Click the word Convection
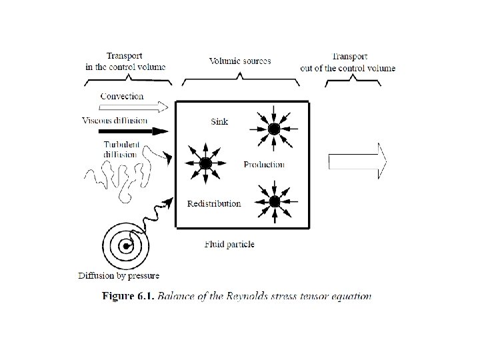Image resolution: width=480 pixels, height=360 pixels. tap(122, 96)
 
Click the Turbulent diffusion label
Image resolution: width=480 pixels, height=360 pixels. tap(120, 149)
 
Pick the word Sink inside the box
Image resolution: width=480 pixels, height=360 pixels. tap(219, 121)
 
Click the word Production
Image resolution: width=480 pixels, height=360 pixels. tap(264, 165)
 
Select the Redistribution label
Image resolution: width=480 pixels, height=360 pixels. tap(214, 203)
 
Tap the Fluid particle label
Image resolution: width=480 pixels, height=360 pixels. tap(229, 245)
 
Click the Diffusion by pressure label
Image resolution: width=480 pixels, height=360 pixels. tap(119, 275)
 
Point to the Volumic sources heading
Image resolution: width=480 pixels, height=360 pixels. tap(240, 61)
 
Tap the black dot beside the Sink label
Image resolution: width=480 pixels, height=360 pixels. tap(273, 129)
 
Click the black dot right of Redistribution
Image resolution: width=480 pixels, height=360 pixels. tap(275, 201)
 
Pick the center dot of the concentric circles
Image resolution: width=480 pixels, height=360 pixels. tap(125, 247)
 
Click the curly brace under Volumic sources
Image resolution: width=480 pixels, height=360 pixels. tap(241, 80)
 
